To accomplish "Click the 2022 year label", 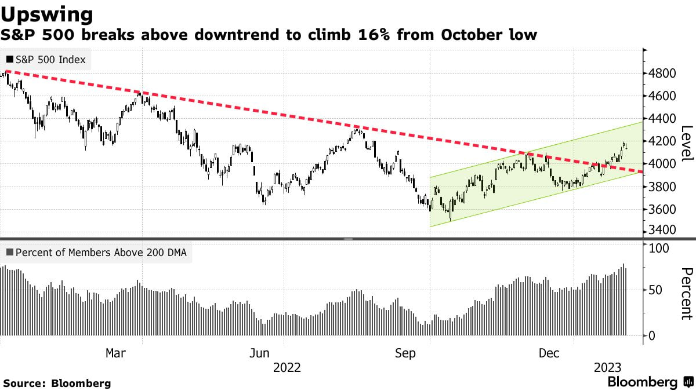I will pyautogui.click(x=287, y=368).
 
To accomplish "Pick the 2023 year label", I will pyautogui.click(x=607, y=368).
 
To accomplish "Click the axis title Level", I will pyautogui.click(x=687, y=144).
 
